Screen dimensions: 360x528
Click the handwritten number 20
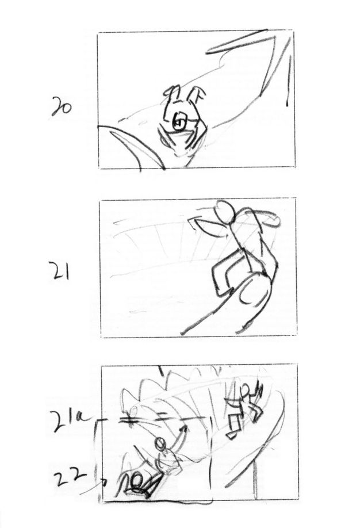62,107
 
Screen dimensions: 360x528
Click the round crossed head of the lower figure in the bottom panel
161,443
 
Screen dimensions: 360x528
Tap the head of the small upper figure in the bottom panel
246,391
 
